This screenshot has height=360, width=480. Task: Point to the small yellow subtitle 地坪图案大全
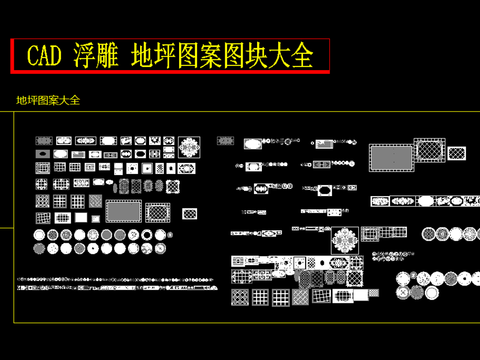coord(47,100)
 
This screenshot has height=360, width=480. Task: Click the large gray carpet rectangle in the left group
coord(123,211)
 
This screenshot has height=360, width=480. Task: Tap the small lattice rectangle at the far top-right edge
coord(457,153)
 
